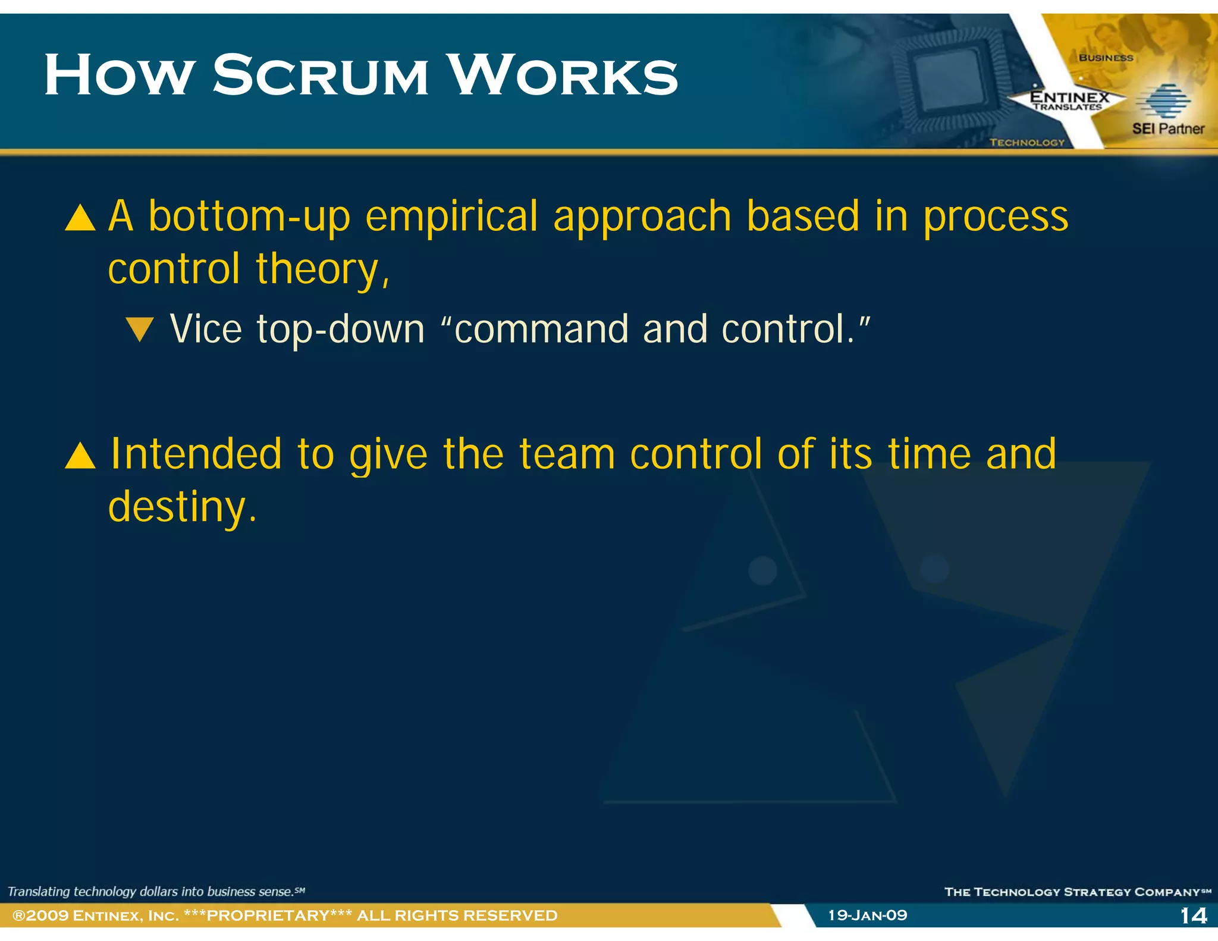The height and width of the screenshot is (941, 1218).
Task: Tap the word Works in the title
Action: click(563, 76)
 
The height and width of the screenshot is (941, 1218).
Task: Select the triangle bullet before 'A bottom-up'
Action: click(80, 218)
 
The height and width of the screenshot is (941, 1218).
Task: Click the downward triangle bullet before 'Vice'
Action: click(140, 329)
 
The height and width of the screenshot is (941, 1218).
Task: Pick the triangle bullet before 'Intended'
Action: click(80, 456)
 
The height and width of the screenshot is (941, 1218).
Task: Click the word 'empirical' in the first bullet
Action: click(451, 217)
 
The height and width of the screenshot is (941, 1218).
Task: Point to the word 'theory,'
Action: click(323, 269)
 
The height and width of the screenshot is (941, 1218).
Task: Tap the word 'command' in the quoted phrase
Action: click(541, 329)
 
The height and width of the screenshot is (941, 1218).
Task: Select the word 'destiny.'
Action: click(183, 507)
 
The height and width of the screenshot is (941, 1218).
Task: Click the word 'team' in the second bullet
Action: click(567, 454)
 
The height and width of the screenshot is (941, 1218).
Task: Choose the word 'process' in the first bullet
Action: click(996, 217)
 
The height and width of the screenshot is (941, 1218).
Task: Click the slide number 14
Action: click(1193, 915)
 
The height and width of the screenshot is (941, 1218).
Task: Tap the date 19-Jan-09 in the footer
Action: click(868, 915)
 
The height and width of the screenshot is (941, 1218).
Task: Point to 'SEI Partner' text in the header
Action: click(1167, 128)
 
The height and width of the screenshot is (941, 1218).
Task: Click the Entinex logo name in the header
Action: click(1069, 97)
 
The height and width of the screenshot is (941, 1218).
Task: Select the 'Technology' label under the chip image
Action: click(1027, 142)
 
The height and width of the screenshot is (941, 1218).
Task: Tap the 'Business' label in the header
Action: click(1106, 58)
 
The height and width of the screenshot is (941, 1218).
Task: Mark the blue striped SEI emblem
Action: click(1163, 101)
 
